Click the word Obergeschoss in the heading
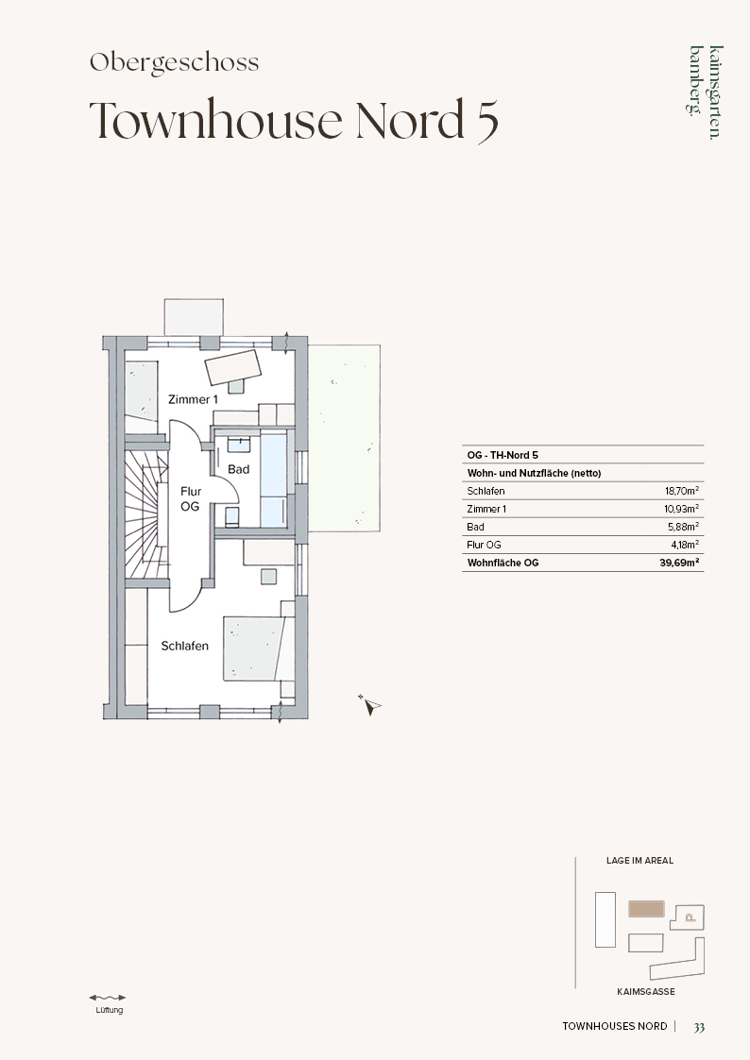click(x=175, y=63)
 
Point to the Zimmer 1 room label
click(x=193, y=399)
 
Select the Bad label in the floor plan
click(x=239, y=469)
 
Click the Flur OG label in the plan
click(x=190, y=499)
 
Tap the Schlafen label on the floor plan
click(x=184, y=646)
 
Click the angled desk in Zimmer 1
click(x=234, y=367)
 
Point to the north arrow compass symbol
click(x=369, y=704)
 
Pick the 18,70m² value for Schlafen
click(x=682, y=491)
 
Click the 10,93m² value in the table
click(x=682, y=509)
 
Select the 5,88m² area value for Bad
click(x=684, y=527)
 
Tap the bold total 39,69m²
click(x=680, y=563)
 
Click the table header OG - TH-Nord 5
click(x=503, y=455)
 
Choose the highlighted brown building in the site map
click(x=646, y=909)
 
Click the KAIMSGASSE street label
click(x=646, y=992)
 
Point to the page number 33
click(x=699, y=1027)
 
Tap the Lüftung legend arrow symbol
click(x=108, y=997)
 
